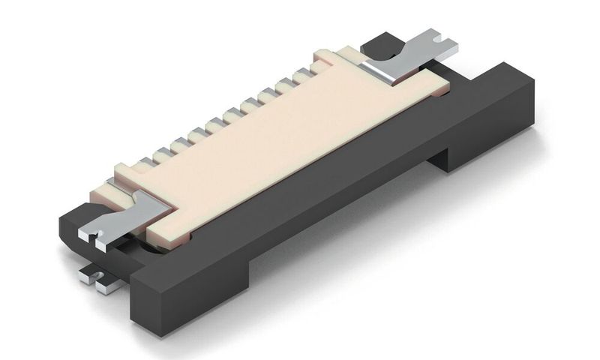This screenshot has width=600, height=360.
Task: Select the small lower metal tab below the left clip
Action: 101,279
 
